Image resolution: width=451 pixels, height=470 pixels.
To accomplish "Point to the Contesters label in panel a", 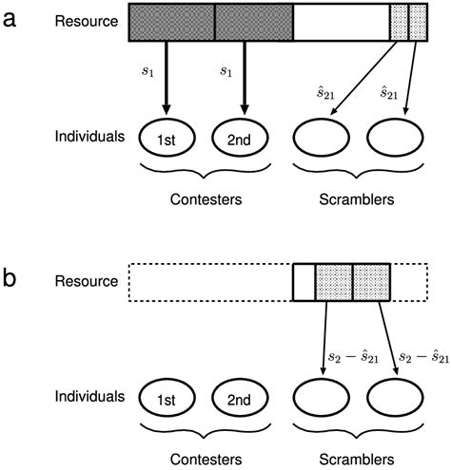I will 206,200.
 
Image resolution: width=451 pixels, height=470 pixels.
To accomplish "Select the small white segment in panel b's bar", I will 303,281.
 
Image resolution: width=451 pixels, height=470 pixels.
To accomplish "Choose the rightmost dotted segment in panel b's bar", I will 371,281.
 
